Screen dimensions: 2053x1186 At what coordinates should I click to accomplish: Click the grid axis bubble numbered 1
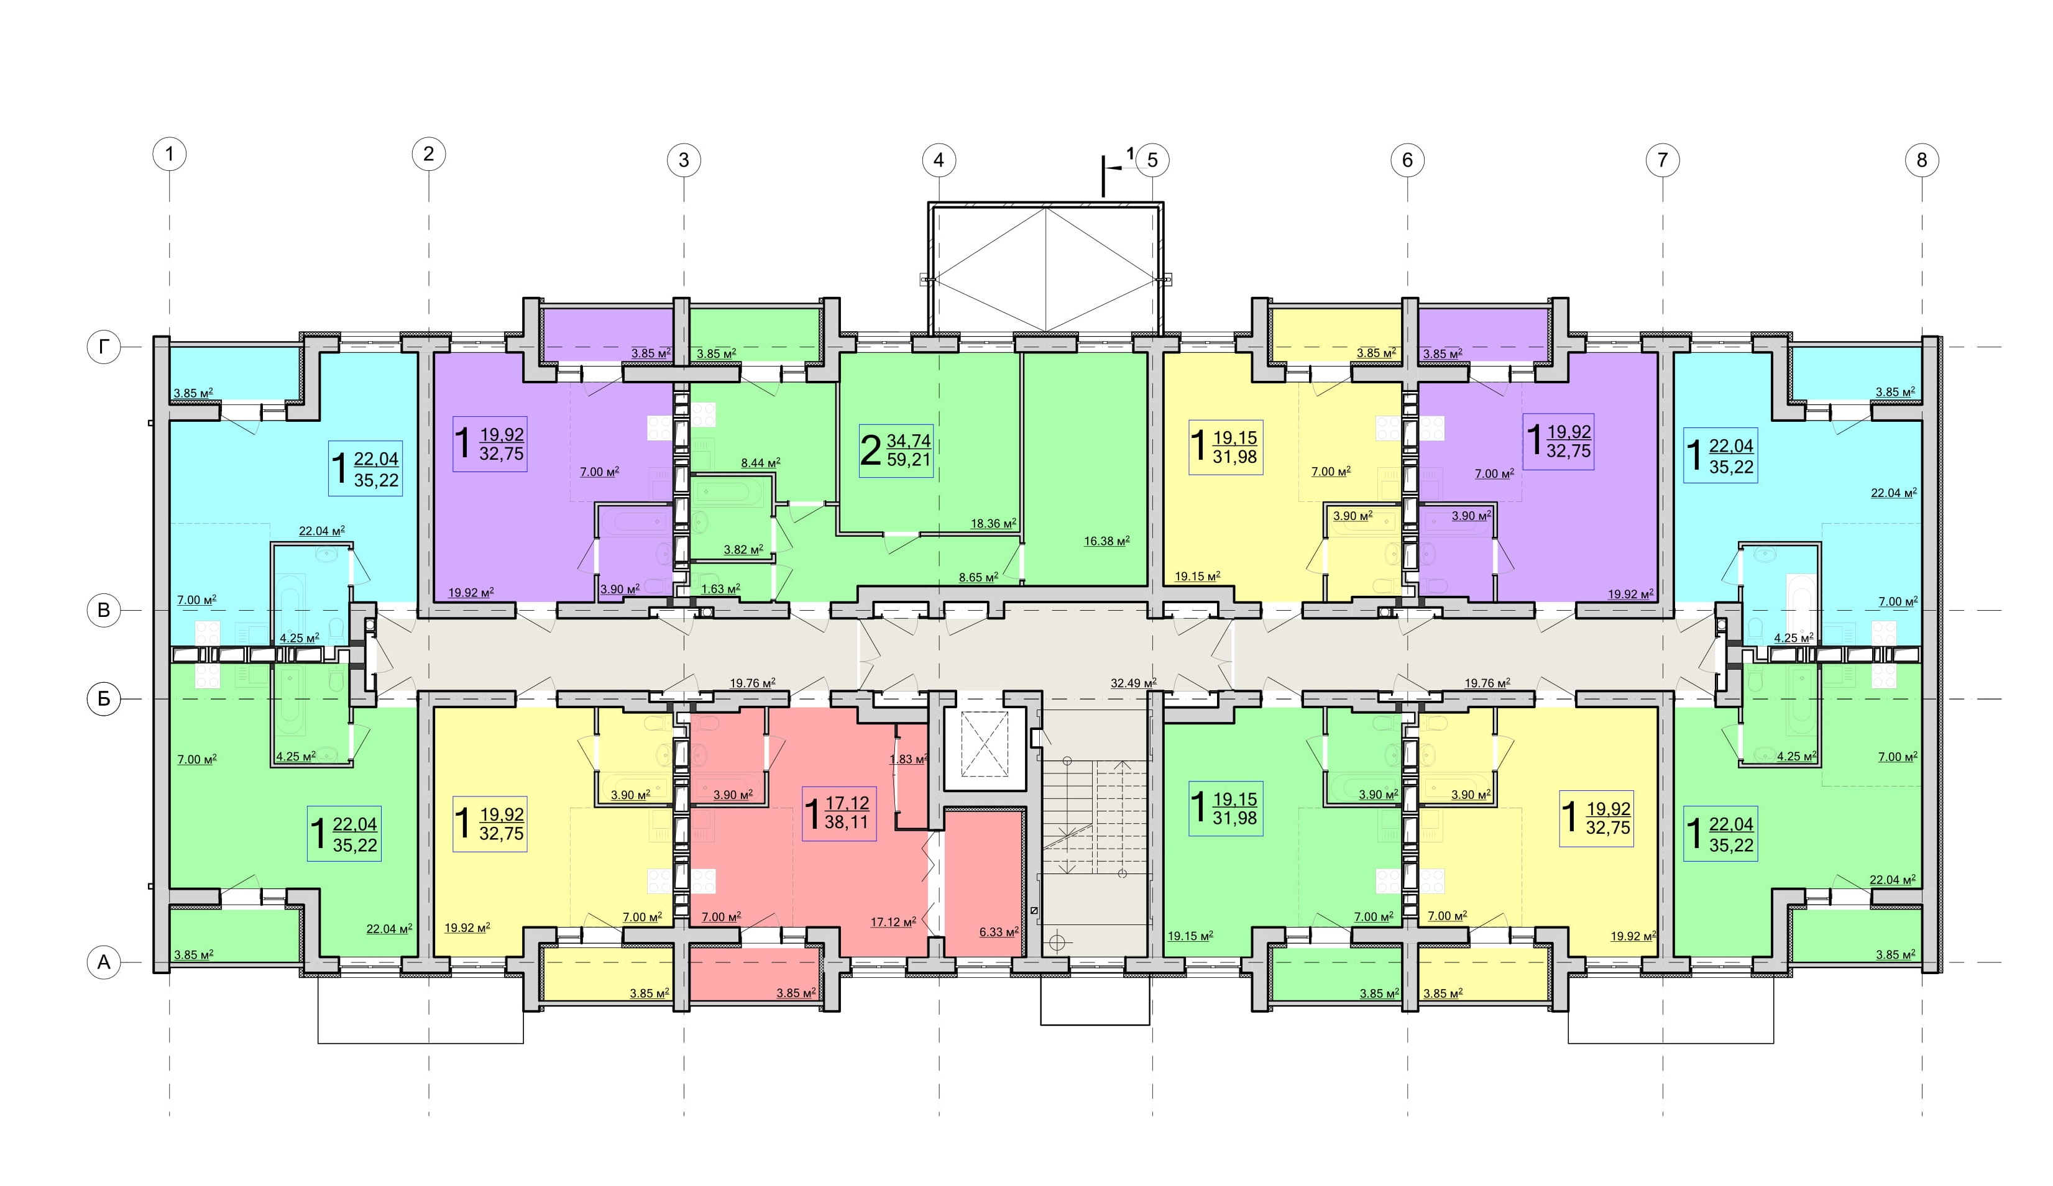[x=170, y=154]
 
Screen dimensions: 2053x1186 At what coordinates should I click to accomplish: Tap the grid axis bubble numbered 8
[x=1922, y=160]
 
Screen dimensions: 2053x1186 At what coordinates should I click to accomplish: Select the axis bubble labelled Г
[x=103, y=348]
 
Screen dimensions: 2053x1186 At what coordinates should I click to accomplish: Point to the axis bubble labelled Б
[x=103, y=699]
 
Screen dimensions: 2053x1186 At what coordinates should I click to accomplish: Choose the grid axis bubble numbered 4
[x=939, y=160]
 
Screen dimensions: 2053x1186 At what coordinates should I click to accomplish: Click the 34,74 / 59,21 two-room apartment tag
[x=895, y=450]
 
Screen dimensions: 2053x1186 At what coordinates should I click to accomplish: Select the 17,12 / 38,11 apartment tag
[x=839, y=813]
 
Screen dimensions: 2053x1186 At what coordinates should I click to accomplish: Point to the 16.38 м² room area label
[x=1106, y=540]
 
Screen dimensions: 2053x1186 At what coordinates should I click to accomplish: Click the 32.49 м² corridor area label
[x=1133, y=683]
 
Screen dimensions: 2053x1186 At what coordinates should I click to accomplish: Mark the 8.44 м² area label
[x=760, y=463]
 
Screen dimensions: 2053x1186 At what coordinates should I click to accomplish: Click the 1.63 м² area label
[x=720, y=588]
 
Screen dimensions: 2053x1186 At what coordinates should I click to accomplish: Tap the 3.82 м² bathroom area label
[x=743, y=550]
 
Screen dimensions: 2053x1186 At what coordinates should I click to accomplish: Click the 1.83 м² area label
[x=908, y=759]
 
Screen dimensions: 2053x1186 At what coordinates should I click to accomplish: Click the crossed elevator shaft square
[x=984, y=743]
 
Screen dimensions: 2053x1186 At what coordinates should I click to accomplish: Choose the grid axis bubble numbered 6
[x=1407, y=160]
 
